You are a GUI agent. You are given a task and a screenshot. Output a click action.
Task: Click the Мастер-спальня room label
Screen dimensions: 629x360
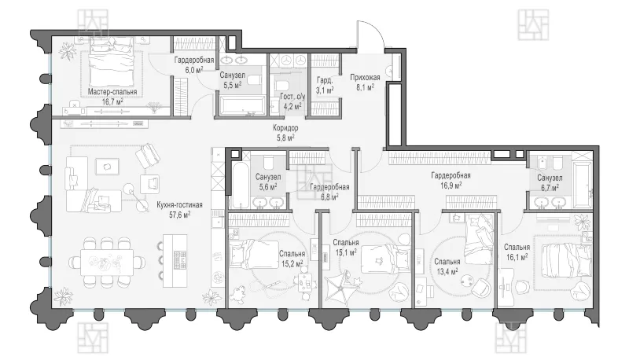(112, 92)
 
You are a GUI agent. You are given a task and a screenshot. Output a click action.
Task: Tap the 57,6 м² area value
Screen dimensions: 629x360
(180, 215)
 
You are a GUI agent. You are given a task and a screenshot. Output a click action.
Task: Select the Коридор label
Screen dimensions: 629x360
(285, 128)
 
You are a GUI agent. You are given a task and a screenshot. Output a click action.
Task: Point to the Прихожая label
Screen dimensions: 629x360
(365, 77)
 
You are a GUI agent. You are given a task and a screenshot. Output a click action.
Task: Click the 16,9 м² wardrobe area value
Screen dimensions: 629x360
(451, 186)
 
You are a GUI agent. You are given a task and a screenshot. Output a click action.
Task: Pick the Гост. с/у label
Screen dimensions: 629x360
(292, 97)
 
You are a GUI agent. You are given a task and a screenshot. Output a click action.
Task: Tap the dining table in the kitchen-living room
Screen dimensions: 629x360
(107, 263)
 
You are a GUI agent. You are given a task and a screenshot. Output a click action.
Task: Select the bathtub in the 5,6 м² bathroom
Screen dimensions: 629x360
(237, 179)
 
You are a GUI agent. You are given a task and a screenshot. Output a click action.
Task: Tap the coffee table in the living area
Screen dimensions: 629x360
(107, 167)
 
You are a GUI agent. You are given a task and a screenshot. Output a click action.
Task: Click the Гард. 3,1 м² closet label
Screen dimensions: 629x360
(325, 86)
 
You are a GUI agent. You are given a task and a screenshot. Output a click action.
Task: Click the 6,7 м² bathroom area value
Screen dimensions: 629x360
(549, 188)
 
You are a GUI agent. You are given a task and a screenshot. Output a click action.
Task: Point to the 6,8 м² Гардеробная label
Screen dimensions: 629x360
(329, 192)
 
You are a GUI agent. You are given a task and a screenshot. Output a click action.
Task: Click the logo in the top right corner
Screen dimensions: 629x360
(533, 25)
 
